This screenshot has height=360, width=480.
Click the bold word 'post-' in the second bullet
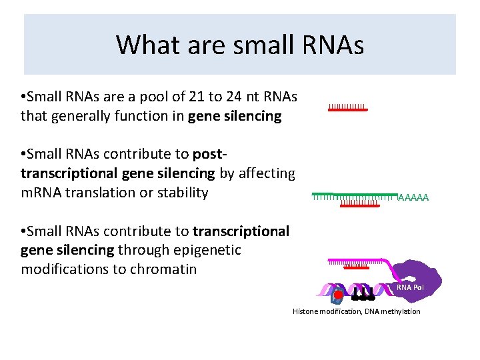tap(211, 155)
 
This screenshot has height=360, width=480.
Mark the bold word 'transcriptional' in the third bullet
tap(241, 231)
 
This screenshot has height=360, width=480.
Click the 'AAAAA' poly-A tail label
tap(413, 197)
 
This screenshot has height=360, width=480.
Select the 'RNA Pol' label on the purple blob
tap(410, 287)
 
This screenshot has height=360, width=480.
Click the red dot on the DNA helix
tap(338, 294)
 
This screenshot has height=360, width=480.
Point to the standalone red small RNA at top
tap(347, 109)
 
